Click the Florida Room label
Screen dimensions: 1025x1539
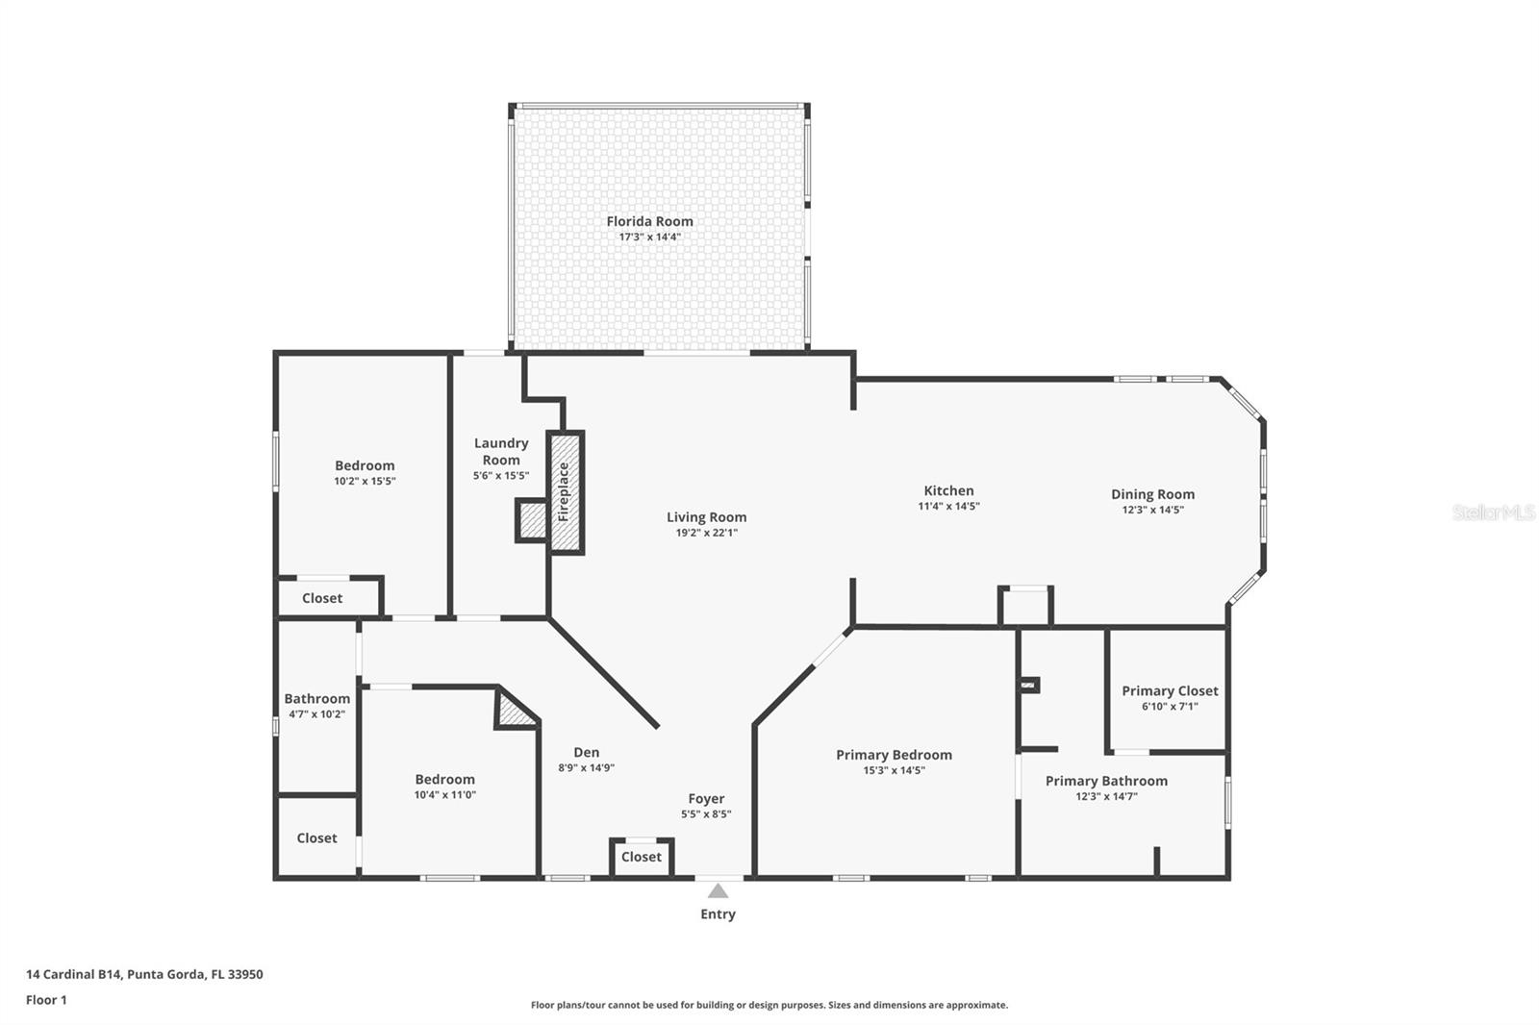[649, 221]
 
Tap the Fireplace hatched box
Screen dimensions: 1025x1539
[565, 492]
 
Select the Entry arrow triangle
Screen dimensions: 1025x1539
[718, 891]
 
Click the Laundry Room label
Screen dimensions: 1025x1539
[501, 451]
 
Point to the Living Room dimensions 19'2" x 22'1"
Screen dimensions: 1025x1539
[706, 533]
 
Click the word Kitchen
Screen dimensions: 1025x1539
[948, 490]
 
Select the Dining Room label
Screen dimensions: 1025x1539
[1152, 494]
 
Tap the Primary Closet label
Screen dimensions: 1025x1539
[1170, 690]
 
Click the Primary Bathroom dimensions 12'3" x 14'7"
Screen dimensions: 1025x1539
[1106, 796]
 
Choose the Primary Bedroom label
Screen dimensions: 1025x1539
[894, 755]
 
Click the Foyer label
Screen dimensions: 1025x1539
[706, 798]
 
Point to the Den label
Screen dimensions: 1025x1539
[586, 753]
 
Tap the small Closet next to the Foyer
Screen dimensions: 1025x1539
[642, 857]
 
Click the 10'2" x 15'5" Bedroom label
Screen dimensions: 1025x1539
[365, 481]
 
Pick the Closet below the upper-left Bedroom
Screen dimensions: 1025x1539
[321, 598]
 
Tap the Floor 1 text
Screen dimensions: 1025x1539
[46, 1000]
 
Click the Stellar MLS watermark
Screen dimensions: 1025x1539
[1493, 512]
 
